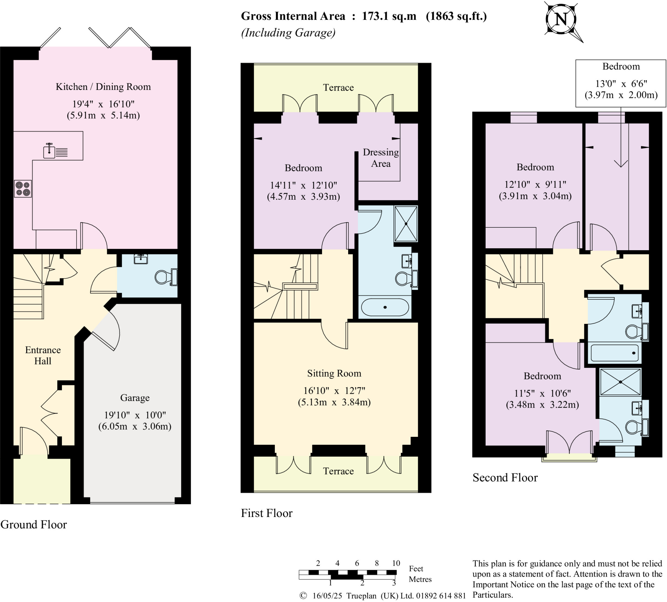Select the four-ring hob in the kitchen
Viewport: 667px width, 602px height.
click(23, 189)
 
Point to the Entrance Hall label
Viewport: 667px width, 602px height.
click(43, 355)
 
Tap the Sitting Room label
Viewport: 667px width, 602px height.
click(334, 373)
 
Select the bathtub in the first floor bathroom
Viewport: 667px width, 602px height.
click(385, 307)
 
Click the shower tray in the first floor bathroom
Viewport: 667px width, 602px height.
click(406, 224)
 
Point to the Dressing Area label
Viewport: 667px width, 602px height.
click(381, 158)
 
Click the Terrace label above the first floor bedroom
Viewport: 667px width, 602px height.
click(338, 88)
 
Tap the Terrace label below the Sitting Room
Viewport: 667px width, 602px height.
click(338, 471)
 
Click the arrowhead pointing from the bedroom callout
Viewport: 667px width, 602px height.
click(621, 164)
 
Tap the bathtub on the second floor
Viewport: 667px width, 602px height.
click(615, 353)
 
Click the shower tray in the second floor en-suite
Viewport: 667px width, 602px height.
click(620, 382)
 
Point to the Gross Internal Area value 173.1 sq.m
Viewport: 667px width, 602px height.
click(389, 16)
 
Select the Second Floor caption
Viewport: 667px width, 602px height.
click(505, 478)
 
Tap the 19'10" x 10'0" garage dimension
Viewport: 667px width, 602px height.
click(135, 415)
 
